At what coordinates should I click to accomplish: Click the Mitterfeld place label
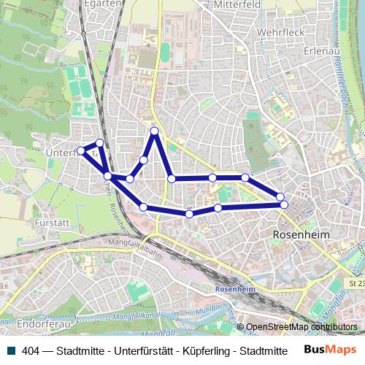(238, 4)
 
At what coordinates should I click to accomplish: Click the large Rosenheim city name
(301, 235)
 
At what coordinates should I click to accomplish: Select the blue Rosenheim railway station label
(235, 289)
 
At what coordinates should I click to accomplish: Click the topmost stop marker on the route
(155, 131)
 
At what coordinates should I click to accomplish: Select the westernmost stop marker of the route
(81, 151)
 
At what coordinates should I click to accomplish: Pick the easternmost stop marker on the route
(284, 204)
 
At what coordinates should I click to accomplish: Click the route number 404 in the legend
(31, 350)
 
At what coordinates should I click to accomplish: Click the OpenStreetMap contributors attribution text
(301, 326)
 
